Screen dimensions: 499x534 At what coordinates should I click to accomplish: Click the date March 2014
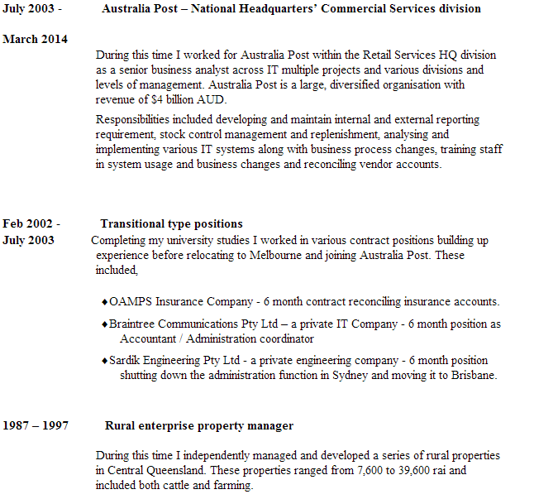(36, 40)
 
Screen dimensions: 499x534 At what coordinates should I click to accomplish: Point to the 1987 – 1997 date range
(36, 425)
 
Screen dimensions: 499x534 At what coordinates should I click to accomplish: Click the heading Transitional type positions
(171, 223)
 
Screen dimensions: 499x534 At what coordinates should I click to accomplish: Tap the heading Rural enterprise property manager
(199, 425)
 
